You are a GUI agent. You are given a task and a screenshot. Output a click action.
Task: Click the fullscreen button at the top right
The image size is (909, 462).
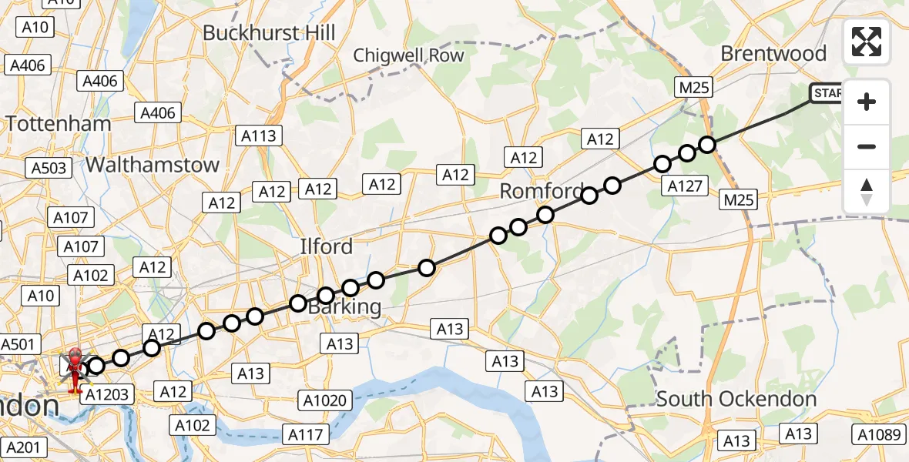pyautogui.click(x=867, y=42)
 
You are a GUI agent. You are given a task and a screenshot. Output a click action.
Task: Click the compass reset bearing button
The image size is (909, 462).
pyautogui.click(x=867, y=192)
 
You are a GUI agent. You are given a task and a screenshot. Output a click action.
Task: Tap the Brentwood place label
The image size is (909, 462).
pyautogui.click(x=773, y=54)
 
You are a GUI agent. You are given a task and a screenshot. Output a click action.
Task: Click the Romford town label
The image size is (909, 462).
pyautogui.click(x=541, y=191)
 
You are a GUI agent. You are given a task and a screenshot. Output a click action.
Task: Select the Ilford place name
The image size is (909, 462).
pyautogui.click(x=326, y=246)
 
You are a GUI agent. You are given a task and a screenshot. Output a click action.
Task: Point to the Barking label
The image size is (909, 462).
pyautogui.click(x=344, y=306)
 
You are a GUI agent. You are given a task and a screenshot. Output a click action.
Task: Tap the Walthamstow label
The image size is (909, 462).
pyautogui.click(x=153, y=165)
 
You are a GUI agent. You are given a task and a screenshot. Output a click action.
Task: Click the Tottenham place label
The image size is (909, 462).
pyautogui.click(x=59, y=123)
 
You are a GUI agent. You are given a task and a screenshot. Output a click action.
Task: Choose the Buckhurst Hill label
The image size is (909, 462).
pyautogui.click(x=269, y=33)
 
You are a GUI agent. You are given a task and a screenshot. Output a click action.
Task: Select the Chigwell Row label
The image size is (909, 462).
pyautogui.click(x=408, y=55)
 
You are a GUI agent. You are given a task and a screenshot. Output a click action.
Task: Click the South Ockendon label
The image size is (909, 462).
pyautogui.click(x=736, y=399)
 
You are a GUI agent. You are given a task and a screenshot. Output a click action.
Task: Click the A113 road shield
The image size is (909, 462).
pyautogui.click(x=258, y=136)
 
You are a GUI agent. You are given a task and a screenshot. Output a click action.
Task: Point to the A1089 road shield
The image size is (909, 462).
pyautogui.click(x=880, y=434)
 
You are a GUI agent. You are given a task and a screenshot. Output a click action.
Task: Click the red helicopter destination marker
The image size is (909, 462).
pyautogui.click(x=75, y=367)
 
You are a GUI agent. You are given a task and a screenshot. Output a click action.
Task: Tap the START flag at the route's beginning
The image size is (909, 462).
pyautogui.click(x=826, y=94)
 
